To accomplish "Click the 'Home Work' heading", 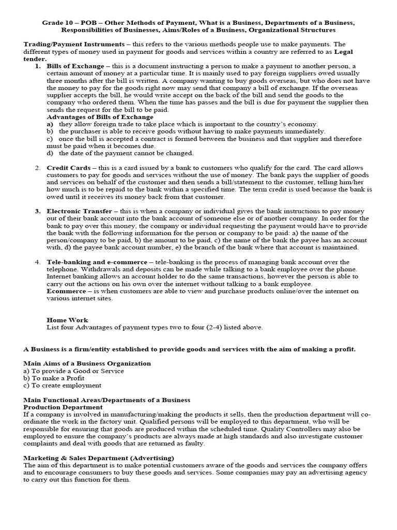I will tap(67, 320).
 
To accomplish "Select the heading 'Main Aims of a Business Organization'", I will tap(87, 363).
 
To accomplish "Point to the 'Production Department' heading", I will tap(63, 407).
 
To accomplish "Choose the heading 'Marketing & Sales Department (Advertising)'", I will tap(99, 458).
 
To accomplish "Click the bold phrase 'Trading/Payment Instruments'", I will tap(73, 45).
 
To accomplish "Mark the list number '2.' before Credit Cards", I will tap(38, 168).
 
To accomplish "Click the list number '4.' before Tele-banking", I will tap(38, 262).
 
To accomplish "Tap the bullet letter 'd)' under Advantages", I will tap(50, 153).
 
